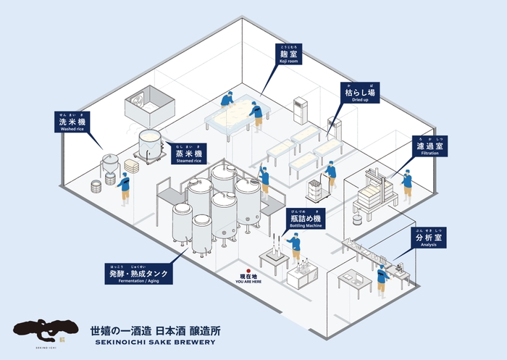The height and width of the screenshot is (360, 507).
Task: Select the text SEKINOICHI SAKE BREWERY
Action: [154, 343]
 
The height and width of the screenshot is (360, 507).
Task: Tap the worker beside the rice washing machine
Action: [124, 186]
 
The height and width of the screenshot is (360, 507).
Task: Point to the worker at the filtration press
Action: [406, 185]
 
